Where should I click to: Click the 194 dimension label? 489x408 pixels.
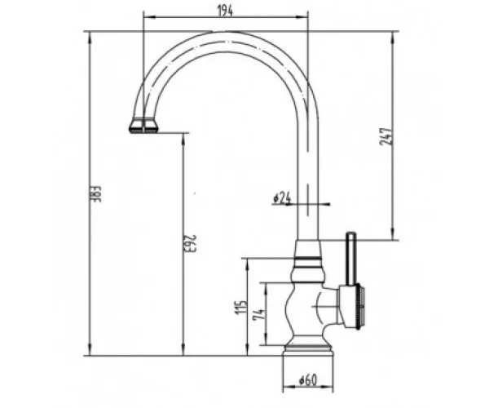[x=225, y=11]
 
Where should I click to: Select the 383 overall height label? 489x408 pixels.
[x=97, y=194]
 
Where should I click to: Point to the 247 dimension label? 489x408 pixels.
[x=385, y=136]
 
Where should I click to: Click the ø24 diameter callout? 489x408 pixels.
[x=282, y=198]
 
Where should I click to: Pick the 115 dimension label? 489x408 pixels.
[x=241, y=307]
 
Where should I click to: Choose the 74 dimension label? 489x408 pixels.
[x=259, y=314]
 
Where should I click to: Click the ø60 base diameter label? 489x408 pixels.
[x=308, y=380]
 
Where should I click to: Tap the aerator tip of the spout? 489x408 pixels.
[x=143, y=126]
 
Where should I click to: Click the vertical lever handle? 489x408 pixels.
[x=351, y=259]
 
